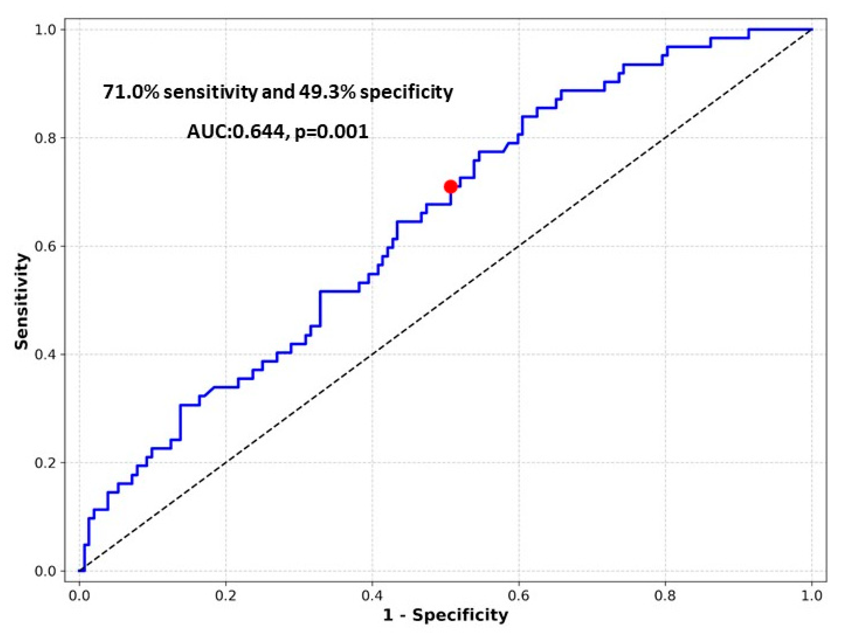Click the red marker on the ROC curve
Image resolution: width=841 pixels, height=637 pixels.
450,187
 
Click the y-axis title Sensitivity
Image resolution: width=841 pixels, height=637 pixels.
22,301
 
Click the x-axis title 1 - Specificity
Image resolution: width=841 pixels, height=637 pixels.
445,616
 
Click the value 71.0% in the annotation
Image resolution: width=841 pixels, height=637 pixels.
131,92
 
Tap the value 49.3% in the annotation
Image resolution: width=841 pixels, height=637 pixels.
327,92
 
